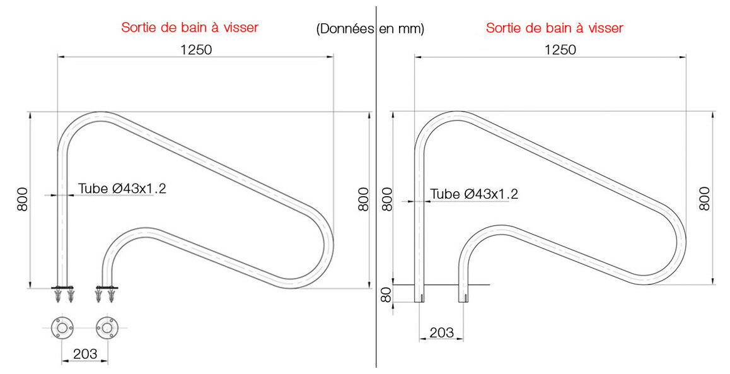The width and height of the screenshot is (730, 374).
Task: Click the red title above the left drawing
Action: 190,28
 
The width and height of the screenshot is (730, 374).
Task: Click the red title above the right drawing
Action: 554,28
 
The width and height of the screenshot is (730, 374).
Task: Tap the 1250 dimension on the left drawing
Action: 195,49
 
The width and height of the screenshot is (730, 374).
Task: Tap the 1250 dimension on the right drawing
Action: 560,49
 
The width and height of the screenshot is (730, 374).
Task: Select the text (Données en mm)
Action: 369,29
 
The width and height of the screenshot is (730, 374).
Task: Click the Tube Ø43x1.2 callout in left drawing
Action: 122,188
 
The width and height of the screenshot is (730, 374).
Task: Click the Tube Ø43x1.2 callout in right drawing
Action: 473,194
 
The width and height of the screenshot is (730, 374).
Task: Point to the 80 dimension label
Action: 387,294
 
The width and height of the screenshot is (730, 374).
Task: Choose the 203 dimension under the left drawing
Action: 84,354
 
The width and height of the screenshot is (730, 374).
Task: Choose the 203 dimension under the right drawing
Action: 441,332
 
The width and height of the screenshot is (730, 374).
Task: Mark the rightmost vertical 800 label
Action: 705,199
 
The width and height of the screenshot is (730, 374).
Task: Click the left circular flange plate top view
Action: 62,328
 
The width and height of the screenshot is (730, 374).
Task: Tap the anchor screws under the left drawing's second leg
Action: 106,294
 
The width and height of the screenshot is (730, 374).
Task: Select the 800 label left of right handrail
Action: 387,199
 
